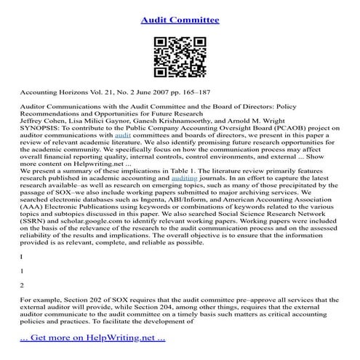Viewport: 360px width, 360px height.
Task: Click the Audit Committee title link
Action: (180, 20)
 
